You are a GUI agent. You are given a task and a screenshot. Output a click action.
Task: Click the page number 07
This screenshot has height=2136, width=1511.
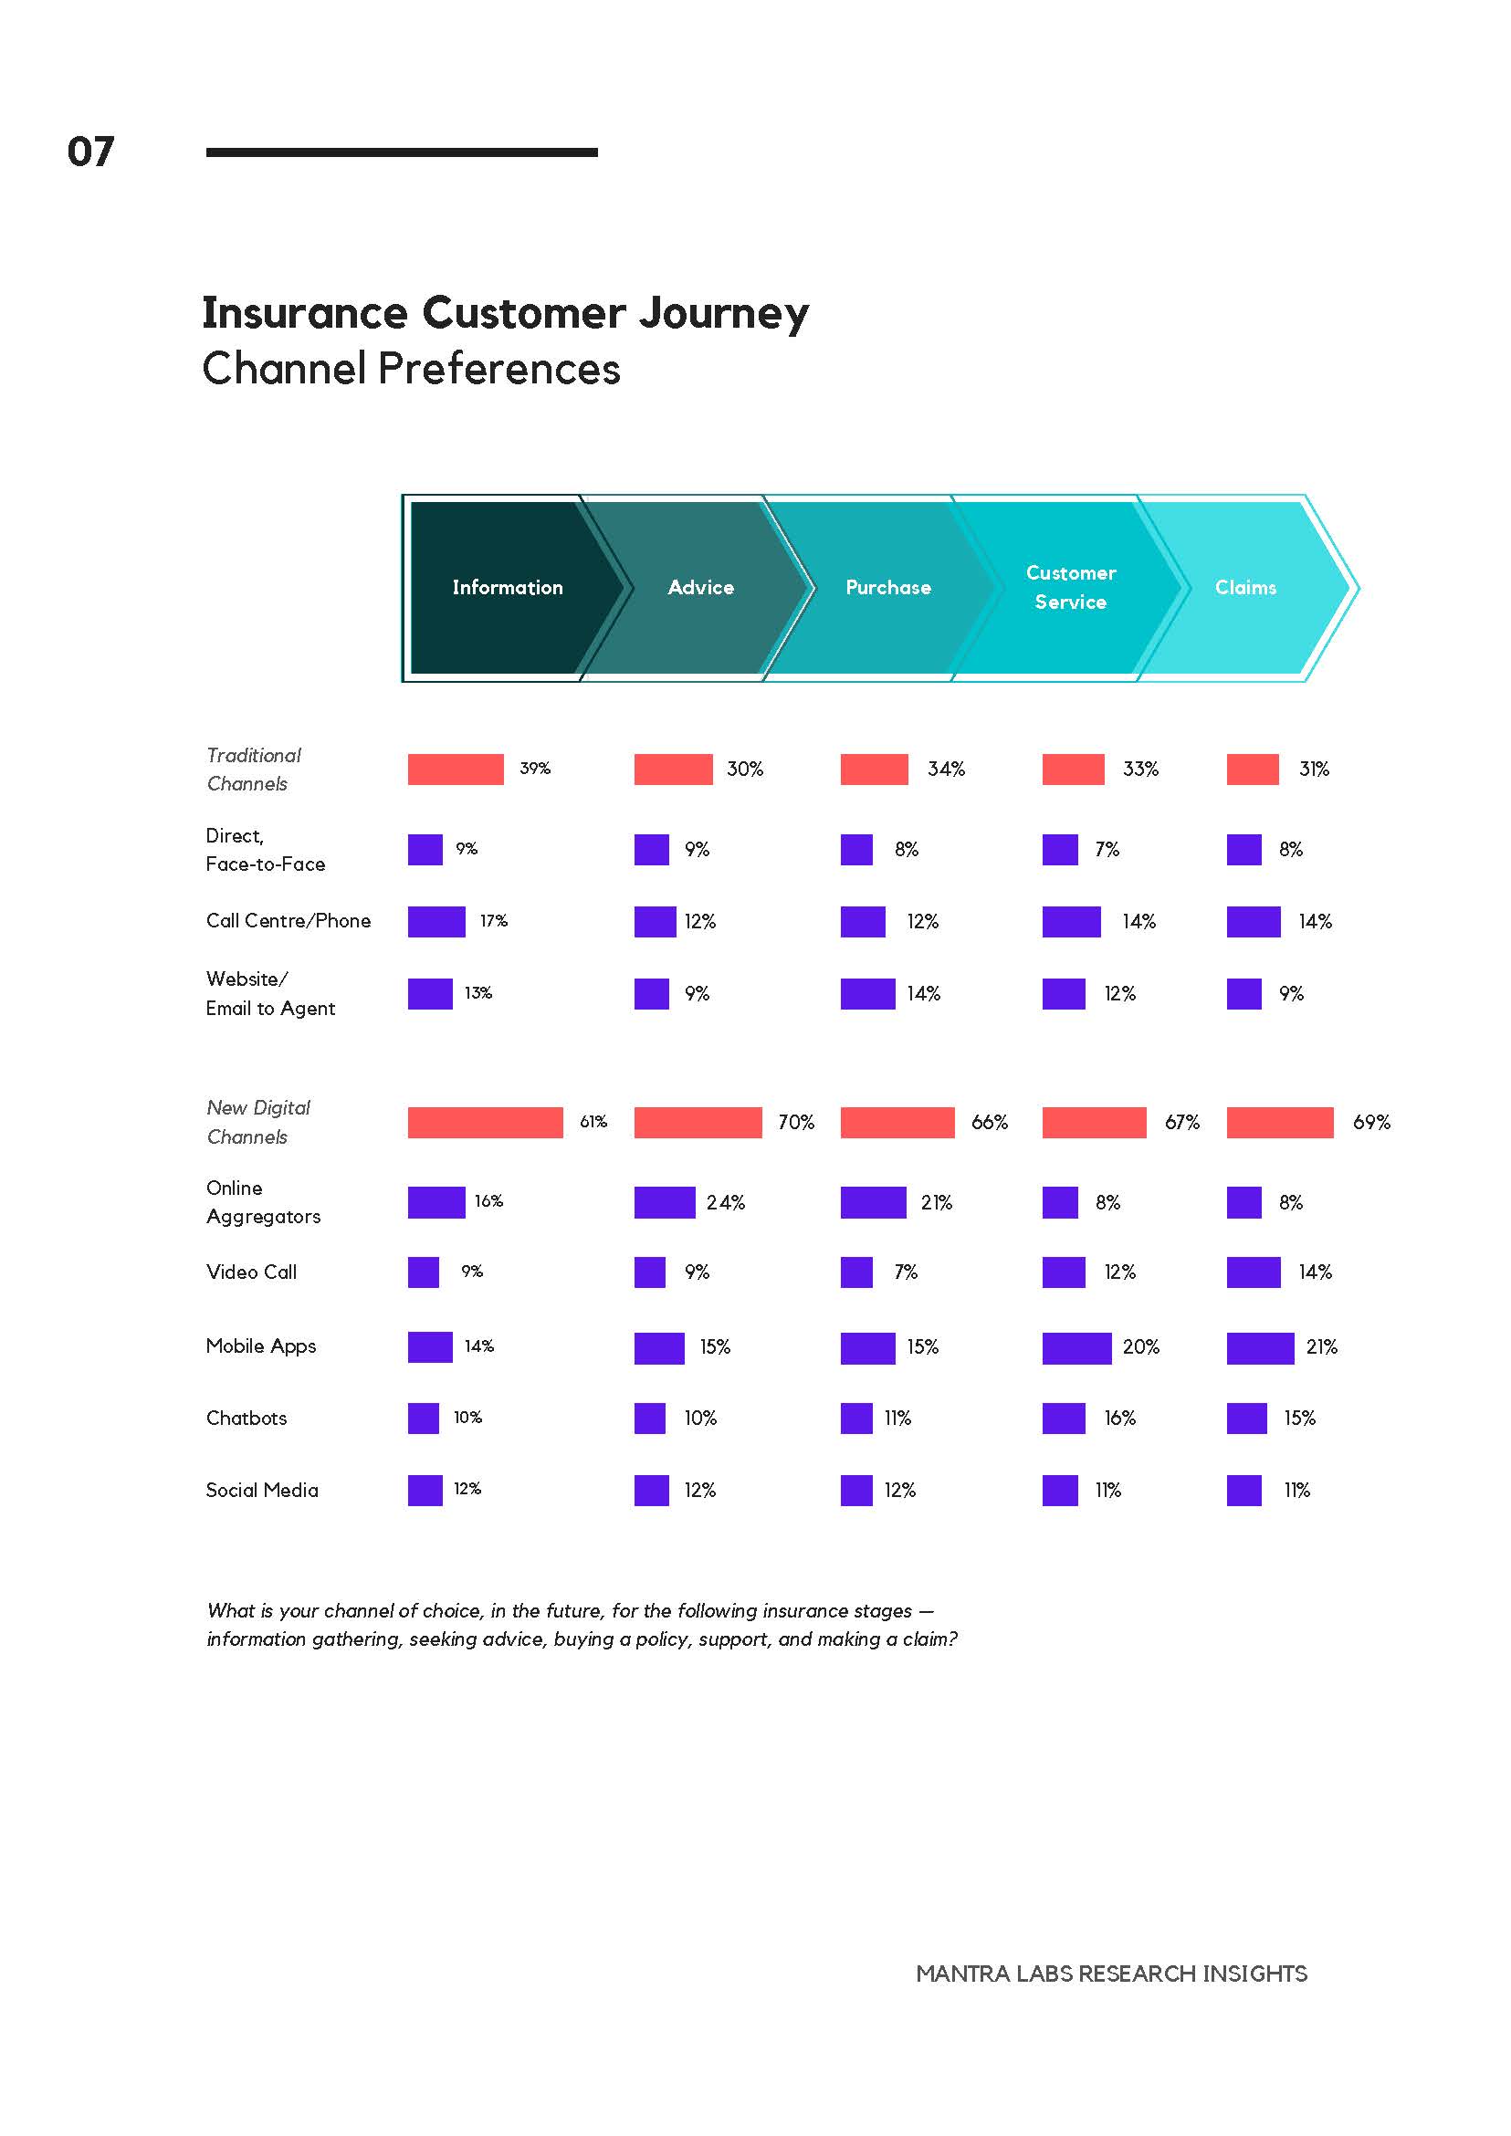pos(90,152)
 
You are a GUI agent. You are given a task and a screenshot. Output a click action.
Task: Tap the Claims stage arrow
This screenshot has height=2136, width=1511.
pos(1247,587)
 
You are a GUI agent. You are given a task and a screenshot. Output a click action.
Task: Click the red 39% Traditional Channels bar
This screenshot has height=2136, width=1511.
pos(456,770)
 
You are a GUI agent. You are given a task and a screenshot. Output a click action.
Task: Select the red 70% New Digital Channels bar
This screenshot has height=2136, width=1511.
pos(698,1122)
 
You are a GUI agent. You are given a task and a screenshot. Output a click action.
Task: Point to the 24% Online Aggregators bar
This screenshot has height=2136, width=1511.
pos(665,1202)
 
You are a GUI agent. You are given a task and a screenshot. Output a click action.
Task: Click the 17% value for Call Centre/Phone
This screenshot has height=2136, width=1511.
pos(494,921)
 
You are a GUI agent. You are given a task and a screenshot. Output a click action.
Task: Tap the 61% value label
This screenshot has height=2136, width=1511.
pos(593,1122)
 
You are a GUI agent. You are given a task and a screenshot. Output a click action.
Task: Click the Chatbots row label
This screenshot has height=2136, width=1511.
pos(247,1418)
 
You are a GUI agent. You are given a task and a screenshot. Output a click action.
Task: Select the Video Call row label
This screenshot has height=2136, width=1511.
pos(251,1272)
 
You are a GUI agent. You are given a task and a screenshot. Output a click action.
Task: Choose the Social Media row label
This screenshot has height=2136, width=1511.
pos(262,1490)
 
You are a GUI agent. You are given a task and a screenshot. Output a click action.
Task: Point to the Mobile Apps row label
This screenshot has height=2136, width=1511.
pos(261,1346)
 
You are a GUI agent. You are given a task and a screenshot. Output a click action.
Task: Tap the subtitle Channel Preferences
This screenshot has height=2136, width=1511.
pos(411,369)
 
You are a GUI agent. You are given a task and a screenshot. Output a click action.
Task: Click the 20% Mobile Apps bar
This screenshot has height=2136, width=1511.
pos(1076,1348)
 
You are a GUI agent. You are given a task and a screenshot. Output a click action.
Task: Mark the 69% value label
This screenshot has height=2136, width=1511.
pos(1371,1122)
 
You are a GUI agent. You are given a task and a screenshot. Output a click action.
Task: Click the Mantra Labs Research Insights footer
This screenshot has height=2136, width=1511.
pos(1112,1974)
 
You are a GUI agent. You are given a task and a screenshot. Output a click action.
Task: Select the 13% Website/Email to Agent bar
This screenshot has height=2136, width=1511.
pos(430,993)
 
